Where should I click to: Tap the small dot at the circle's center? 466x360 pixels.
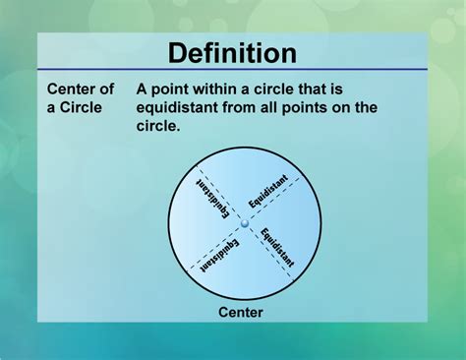click(x=245, y=225)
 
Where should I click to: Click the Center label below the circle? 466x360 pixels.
click(x=241, y=314)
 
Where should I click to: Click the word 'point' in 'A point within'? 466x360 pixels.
click(x=187, y=89)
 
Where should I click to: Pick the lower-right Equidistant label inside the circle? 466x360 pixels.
click(x=277, y=248)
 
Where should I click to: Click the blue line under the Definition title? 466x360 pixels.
click(x=232, y=70)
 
